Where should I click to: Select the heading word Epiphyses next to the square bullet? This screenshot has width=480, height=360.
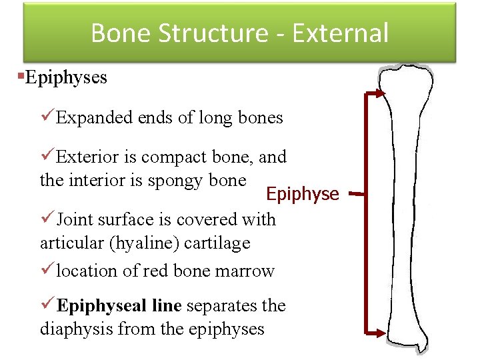[65, 77]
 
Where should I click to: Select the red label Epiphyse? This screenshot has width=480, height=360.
[302, 194]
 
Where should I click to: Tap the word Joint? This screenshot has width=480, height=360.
[75, 219]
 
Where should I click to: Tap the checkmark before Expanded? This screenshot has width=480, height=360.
[47, 117]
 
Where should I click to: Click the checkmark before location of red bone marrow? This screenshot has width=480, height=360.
[47, 270]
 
